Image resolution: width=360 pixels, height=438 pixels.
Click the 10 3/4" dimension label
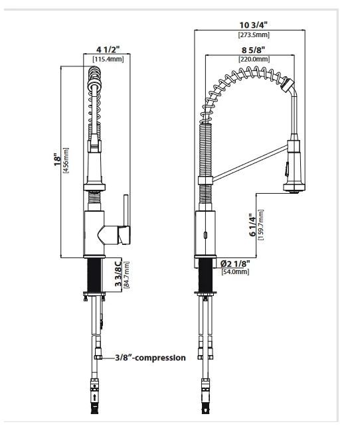254,25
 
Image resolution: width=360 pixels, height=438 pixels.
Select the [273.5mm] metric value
254,35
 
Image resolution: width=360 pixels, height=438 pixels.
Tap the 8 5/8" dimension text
254,50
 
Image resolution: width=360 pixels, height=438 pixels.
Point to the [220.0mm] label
254,59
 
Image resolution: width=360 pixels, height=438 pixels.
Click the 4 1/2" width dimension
108,50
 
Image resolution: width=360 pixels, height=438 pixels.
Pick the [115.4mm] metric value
108,59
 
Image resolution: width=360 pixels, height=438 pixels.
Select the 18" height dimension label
57,159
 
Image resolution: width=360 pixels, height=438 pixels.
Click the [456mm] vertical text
66,161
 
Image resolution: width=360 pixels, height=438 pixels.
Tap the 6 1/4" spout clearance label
252,225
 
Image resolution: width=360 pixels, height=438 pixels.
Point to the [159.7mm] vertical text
261,225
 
